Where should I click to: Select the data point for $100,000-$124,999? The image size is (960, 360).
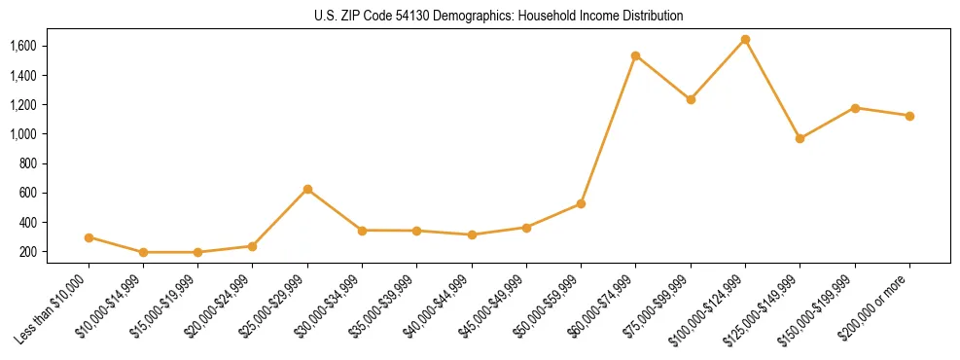pos(745,40)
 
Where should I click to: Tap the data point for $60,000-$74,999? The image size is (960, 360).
pos(635,55)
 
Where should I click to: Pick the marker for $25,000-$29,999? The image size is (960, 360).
pos(307,189)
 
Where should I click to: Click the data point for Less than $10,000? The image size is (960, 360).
pos(89,237)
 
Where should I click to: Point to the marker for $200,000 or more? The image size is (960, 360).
pos(909,116)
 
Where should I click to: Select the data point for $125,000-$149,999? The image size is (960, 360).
pos(800,138)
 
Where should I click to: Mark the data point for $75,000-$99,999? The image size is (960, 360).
pos(691,99)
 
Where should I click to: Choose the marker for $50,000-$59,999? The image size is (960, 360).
pos(581,203)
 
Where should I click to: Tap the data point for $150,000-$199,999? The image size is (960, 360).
pos(855,108)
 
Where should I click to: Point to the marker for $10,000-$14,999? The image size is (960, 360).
pos(143,252)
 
